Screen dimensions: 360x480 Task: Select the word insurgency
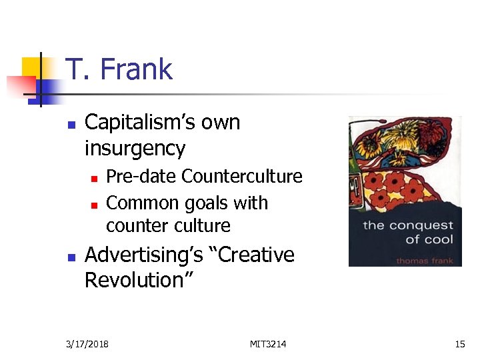click(135, 148)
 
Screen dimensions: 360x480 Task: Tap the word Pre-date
click(141, 177)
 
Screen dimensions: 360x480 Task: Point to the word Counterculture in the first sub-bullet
click(241, 177)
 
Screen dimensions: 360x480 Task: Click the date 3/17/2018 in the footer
click(88, 344)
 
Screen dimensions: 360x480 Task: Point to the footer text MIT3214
click(268, 344)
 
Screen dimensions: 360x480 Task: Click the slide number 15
click(460, 344)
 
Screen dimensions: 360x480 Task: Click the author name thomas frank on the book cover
click(424, 260)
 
